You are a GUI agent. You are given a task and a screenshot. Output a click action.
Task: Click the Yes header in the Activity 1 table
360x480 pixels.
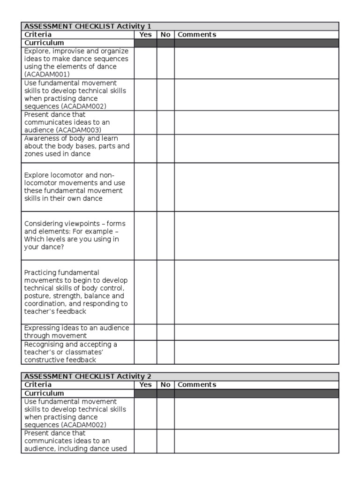145,34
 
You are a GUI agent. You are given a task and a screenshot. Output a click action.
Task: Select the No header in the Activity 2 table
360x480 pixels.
165,384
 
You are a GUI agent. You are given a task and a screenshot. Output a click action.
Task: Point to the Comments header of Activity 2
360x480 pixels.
197,384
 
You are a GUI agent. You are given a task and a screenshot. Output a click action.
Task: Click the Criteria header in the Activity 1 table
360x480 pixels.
38,34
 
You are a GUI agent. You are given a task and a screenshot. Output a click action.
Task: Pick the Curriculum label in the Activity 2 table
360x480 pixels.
44,393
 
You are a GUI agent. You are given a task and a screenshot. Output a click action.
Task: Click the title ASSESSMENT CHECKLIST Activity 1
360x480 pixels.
87,26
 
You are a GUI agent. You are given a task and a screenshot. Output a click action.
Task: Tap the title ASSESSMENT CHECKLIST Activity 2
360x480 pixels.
87,376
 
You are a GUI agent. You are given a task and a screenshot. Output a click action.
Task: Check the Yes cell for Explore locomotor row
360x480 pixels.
145,187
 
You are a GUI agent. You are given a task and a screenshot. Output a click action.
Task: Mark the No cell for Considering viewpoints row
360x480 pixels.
165,235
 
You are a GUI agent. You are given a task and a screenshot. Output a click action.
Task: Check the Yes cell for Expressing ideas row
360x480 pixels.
145,332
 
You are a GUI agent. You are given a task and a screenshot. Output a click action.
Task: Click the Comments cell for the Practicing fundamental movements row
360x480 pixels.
256,292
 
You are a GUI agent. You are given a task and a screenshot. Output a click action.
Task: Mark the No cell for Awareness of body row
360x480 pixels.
165,149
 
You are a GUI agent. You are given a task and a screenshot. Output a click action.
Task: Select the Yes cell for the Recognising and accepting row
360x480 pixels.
145,352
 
